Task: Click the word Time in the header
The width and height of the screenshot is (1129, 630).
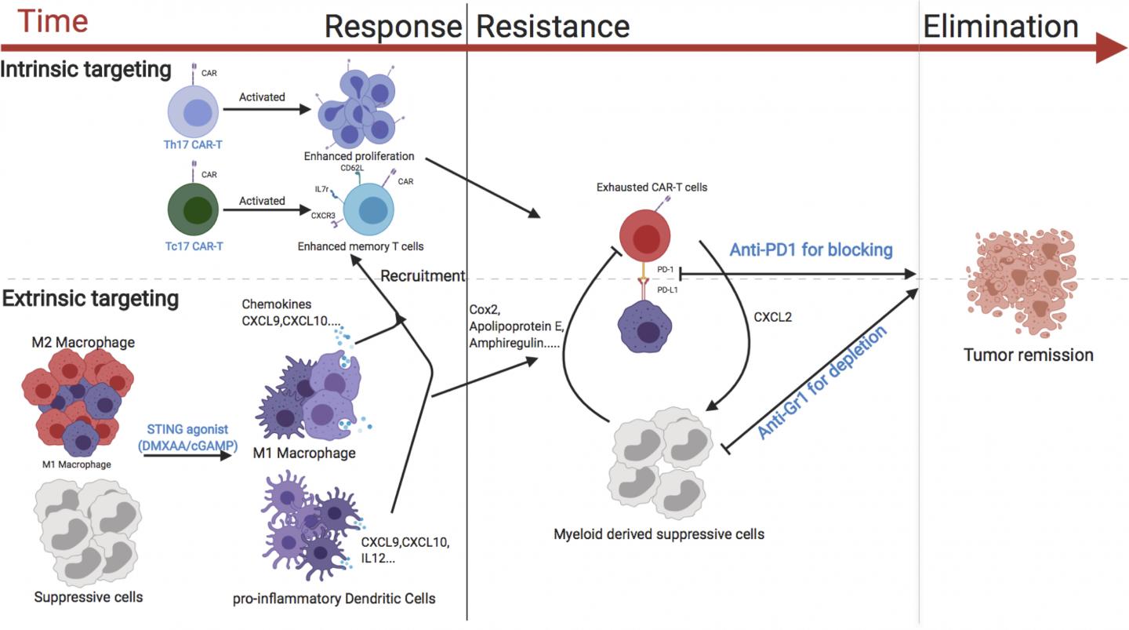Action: (x=53, y=21)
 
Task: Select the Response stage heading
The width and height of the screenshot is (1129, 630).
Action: (x=393, y=27)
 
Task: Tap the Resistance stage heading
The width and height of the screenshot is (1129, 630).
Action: (x=553, y=27)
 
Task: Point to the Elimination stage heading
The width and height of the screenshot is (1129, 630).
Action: (x=1000, y=27)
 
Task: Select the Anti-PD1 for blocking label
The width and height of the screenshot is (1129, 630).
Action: (x=811, y=250)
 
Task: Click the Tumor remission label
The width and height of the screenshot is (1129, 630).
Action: (x=1028, y=355)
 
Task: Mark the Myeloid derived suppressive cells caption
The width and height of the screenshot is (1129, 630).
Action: (x=659, y=534)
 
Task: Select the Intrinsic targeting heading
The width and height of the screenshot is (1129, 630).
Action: (x=85, y=69)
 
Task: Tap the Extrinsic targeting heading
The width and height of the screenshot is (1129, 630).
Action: (x=90, y=298)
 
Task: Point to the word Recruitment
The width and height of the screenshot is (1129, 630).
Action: (x=423, y=276)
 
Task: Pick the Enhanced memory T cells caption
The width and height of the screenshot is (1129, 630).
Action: (x=361, y=246)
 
